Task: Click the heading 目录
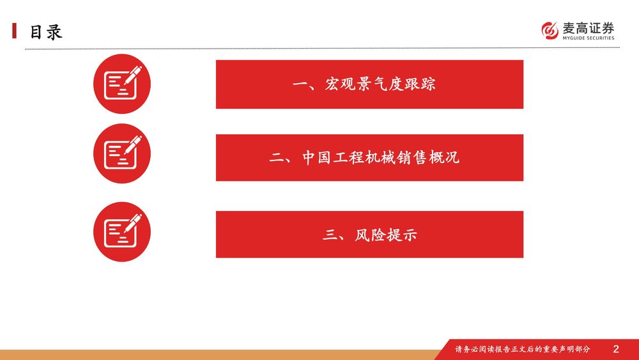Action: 45,32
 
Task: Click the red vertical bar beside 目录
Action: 14,31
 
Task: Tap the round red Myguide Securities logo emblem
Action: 550,31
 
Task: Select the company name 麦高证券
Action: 588,28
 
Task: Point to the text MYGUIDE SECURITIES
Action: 588,38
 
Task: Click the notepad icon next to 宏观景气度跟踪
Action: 122,84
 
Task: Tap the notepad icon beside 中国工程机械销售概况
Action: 122,153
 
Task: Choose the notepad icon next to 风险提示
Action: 122,231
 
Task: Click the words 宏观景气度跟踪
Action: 380,84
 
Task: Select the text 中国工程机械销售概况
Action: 381,157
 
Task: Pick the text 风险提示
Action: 385,235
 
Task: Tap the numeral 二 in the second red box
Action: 277,158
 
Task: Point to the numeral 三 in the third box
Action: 330,235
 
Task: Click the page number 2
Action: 616,349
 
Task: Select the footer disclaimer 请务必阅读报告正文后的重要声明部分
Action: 523,349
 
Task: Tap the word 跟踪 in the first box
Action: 420,84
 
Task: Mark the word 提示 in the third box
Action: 402,235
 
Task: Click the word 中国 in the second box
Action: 317,157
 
